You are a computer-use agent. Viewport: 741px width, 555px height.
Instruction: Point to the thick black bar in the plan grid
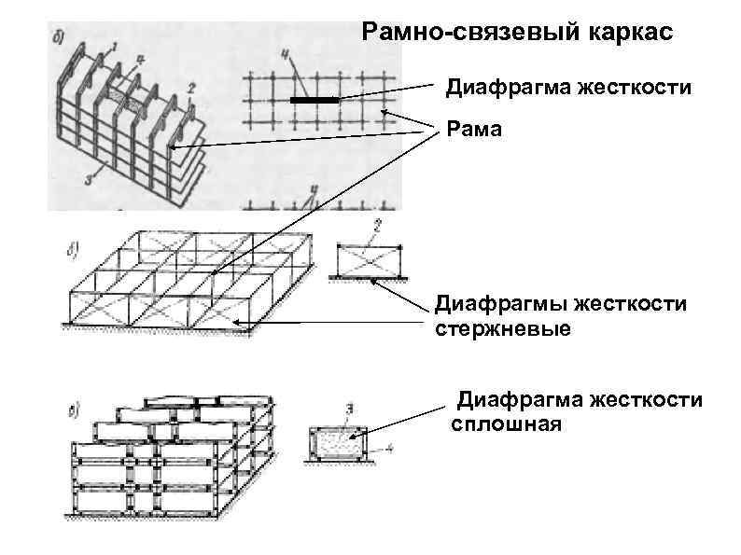(x=314, y=100)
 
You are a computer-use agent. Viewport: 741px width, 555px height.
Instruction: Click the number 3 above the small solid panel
(x=348, y=407)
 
